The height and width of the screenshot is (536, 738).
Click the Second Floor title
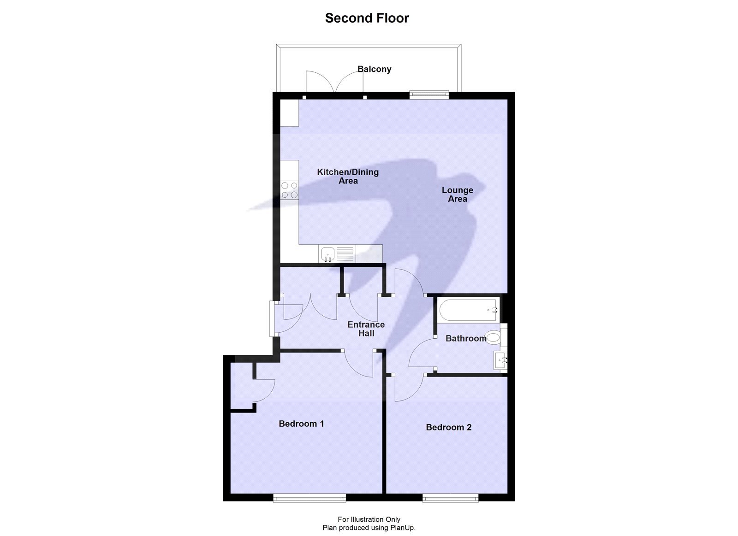click(367, 18)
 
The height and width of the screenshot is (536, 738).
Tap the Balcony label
click(374, 69)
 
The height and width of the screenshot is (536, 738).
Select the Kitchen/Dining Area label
click(348, 176)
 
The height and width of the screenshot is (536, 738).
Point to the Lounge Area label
click(457, 194)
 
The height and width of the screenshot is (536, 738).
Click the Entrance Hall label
click(366, 329)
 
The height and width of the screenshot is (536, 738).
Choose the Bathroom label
click(465, 338)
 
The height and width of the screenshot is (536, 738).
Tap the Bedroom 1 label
click(301, 424)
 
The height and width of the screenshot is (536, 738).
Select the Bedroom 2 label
click(448, 427)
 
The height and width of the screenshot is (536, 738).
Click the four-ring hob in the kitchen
click(290, 190)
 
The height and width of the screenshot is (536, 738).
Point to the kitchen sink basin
click(328, 253)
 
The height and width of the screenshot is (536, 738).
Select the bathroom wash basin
click(500, 360)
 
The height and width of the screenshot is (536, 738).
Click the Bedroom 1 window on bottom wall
click(309, 497)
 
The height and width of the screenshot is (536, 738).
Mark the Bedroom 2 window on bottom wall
click(450, 497)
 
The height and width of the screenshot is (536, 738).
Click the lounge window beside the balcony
click(429, 95)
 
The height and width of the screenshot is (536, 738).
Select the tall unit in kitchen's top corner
click(290, 113)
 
